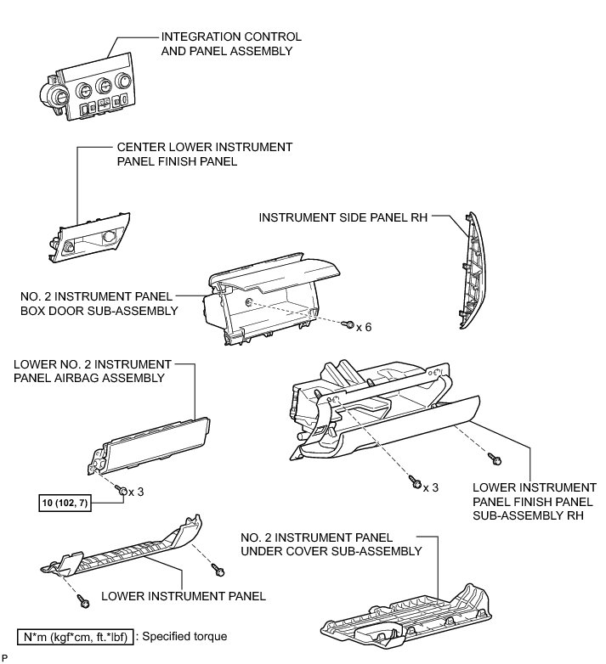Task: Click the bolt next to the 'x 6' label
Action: pos(348,325)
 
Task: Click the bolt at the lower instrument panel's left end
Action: pos(84,602)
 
